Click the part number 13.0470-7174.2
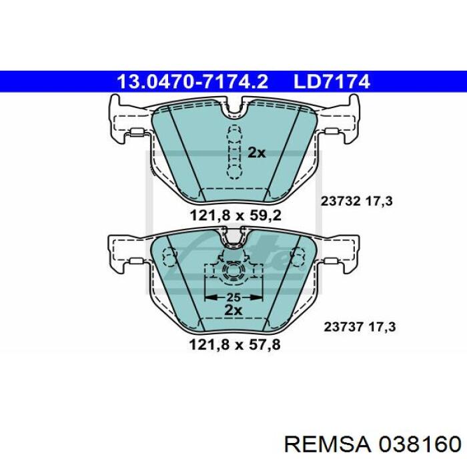(192, 81)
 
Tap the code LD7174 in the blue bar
(332, 81)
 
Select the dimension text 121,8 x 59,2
(236, 215)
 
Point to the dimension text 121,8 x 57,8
(235, 345)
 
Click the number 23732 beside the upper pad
(340, 201)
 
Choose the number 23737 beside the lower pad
(344, 327)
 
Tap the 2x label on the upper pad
(256, 153)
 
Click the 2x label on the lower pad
(233, 310)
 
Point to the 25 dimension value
(233, 298)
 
